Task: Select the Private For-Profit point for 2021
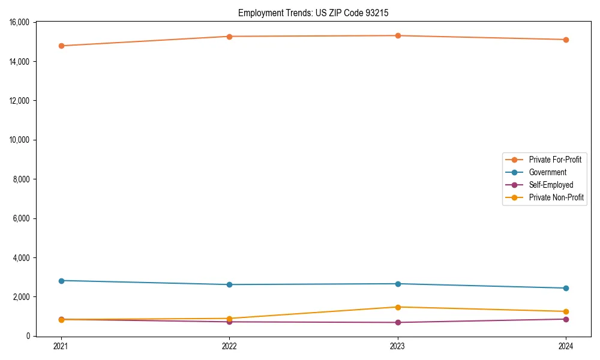click(x=61, y=46)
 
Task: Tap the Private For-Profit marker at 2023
click(x=398, y=36)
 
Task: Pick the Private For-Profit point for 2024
click(x=566, y=40)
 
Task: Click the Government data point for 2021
click(x=61, y=281)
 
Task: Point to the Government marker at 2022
click(x=229, y=284)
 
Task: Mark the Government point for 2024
click(x=566, y=288)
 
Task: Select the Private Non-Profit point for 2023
click(x=398, y=307)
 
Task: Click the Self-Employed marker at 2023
click(x=398, y=322)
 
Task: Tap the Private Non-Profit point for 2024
click(x=566, y=311)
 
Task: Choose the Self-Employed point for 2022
click(x=229, y=322)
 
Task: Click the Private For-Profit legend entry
click(x=554, y=160)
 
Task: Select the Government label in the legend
click(x=547, y=172)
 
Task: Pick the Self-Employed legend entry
click(x=551, y=185)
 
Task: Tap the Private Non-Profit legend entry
click(x=556, y=197)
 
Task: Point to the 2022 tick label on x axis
click(x=229, y=346)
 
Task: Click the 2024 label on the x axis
click(x=566, y=346)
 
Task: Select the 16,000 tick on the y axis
click(x=20, y=23)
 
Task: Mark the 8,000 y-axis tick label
click(x=22, y=179)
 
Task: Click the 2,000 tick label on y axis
click(x=22, y=297)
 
